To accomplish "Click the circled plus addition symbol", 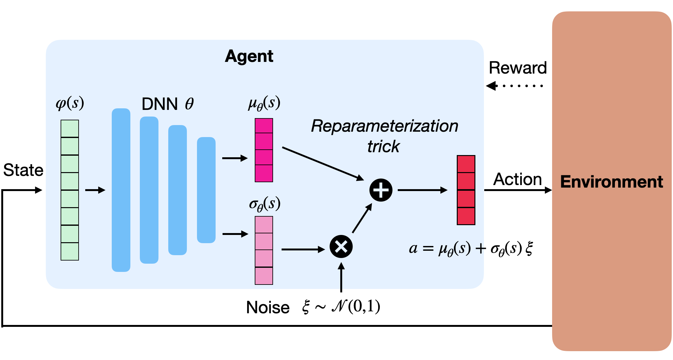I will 381,190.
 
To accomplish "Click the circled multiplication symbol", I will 341,247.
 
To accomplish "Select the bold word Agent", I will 249,57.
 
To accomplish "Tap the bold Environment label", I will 611,182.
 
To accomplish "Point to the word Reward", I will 518,68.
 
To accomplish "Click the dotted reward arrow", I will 515,86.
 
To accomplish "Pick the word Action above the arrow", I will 517,179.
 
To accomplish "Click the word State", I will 23,170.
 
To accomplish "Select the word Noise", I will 268,307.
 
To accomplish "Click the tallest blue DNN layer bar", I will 121,190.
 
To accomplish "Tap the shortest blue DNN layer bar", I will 206,190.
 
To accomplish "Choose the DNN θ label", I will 168,104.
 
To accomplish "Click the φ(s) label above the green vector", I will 70,103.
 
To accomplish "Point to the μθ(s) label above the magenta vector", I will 264,104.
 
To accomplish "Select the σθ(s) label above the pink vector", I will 265,204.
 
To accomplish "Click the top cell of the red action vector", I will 466,164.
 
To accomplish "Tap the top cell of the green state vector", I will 70,129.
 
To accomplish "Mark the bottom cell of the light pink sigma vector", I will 264,276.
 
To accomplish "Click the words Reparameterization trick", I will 384,136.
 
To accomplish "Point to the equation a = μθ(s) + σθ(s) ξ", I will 471,249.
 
